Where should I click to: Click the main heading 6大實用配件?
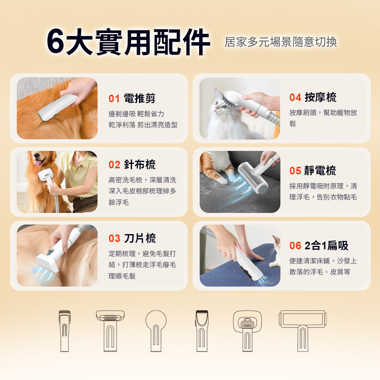[128, 42]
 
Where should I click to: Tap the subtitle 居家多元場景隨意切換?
[281, 42]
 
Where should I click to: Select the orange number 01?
[114, 99]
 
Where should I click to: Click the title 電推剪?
[139, 98]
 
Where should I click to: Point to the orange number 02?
[114, 165]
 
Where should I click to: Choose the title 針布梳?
[139, 165]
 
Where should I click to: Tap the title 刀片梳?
[140, 238]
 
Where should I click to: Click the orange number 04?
[295, 97]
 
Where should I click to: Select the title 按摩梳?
[320, 97]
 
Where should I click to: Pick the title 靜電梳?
[320, 171]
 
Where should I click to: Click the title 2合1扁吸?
[326, 245]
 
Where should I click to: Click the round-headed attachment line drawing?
[156, 331]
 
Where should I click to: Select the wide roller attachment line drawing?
[303, 331]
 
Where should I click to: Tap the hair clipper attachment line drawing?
[202, 331]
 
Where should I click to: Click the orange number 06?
[295, 246]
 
